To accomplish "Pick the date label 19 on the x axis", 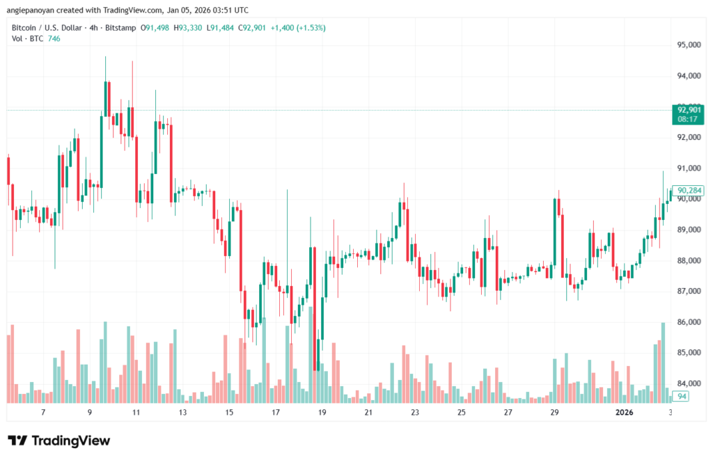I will (x=322, y=413).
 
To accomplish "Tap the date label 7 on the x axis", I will (x=43, y=413).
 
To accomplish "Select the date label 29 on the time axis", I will (x=554, y=413).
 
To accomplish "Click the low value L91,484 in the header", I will (x=220, y=28).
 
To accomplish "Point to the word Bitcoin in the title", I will (x=26, y=28).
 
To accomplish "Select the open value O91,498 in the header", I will (x=155, y=28).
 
